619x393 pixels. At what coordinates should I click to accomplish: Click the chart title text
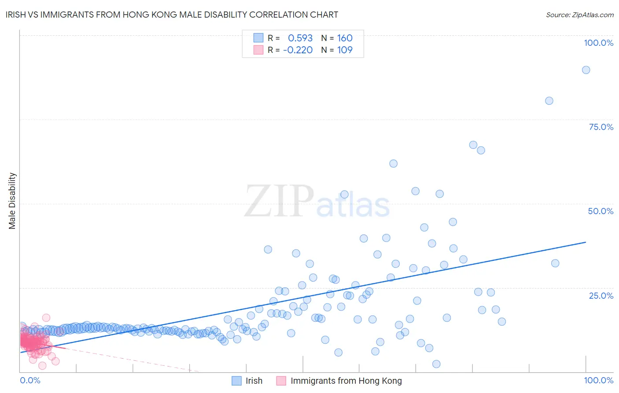click(172, 15)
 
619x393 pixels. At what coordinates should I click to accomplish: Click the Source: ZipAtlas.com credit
click(579, 15)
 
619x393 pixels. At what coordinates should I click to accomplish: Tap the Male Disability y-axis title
click(12, 200)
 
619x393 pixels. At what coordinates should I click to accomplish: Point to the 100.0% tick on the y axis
click(598, 43)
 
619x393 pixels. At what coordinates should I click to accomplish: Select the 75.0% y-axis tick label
click(601, 127)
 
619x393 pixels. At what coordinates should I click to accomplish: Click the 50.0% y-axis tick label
click(601, 211)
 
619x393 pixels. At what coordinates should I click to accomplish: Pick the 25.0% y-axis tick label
click(601, 296)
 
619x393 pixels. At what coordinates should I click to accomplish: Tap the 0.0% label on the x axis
click(30, 381)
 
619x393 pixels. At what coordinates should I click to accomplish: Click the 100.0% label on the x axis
click(598, 381)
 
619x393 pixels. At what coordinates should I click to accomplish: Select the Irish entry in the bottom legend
click(254, 381)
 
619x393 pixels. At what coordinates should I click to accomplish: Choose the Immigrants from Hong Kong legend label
click(346, 381)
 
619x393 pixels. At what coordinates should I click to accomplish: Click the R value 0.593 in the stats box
click(300, 38)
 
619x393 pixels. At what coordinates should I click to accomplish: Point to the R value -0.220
click(298, 50)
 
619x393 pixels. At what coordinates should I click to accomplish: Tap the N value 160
click(345, 38)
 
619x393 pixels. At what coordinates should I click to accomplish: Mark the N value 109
click(345, 50)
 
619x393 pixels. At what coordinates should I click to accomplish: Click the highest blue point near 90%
click(586, 70)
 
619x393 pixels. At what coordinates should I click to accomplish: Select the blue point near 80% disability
click(549, 101)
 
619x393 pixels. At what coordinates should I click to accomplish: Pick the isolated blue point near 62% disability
click(394, 163)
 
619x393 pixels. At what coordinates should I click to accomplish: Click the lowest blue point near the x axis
click(436, 364)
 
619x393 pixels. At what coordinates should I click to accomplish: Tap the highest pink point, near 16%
click(46, 318)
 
